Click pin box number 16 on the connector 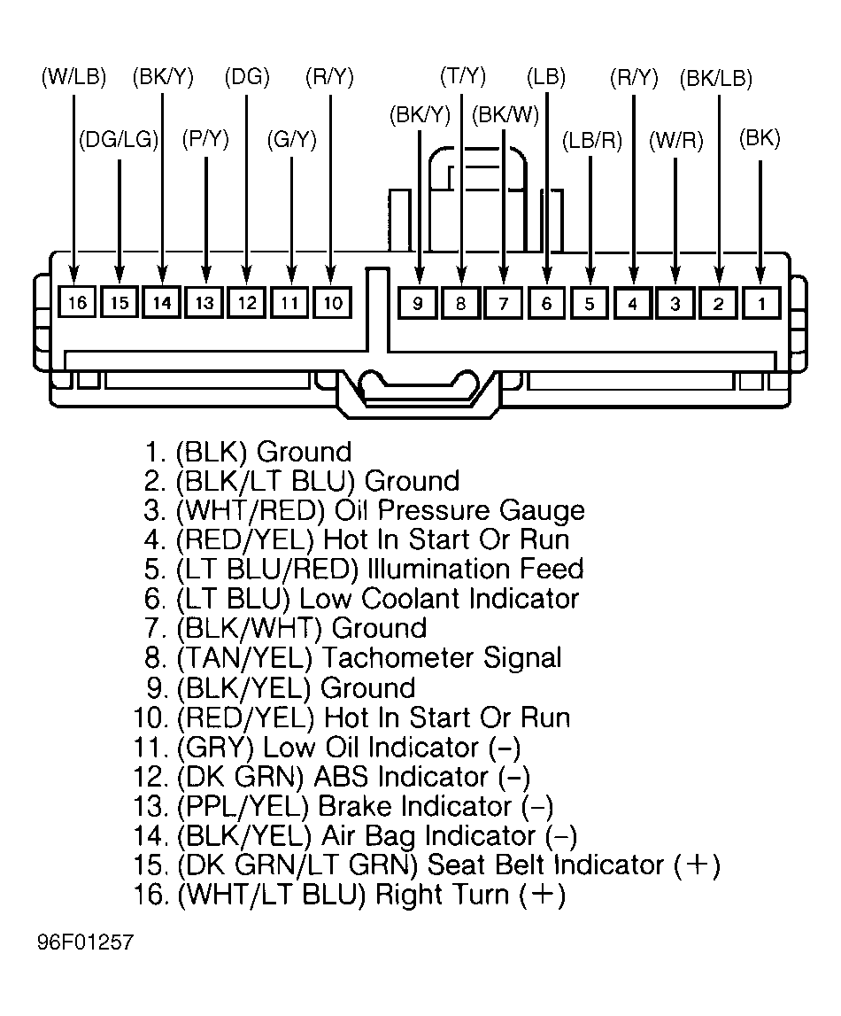pyautogui.click(x=77, y=303)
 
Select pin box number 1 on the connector pyautogui.click(x=761, y=303)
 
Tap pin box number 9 pyautogui.click(x=418, y=303)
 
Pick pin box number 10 pyautogui.click(x=333, y=303)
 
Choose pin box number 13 pyautogui.click(x=204, y=303)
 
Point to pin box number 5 pyautogui.click(x=590, y=303)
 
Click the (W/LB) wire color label pyautogui.click(x=73, y=77)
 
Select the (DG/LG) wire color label pyautogui.click(x=120, y=139)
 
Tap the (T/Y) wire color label pyautogui.click(x=463, y=76)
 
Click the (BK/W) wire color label pyautogui.click(x=505, y=115)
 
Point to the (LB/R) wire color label pyautogui.click(x=591, y=141)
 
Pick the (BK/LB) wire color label pyautogui.click(x=716, y=79)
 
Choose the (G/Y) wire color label pyautogui.click(x=292, y=139)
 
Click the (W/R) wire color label pyautogui.click(x=676, y=141)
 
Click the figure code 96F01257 pyautogui.click(x=85, y=942)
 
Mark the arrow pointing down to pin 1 pyautogui.click(x=760, y=221)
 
